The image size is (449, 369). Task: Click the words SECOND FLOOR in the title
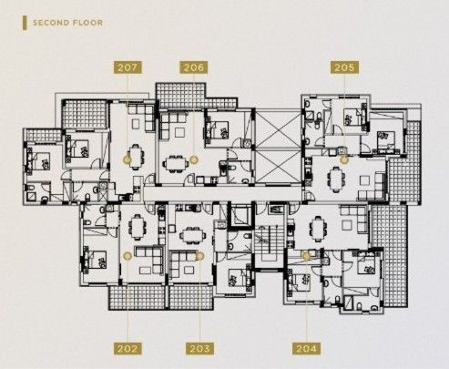pyautogui.click(x=68, y=21)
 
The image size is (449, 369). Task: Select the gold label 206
pyautogui.click(x=193, y=67)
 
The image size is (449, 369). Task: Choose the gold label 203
pyautogui.click(x=200, y=348)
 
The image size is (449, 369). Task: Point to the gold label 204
pyautogui.click(x=306, y=348)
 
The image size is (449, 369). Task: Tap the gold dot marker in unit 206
pyautogui.click(x=194, y=159)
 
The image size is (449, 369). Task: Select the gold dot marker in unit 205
pyautogui.click(x=344, y=159)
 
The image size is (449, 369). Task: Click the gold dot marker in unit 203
pyautogui.click(x=200, y=256)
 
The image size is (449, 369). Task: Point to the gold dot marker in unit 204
pyautogui.click(x=307, y=256)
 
